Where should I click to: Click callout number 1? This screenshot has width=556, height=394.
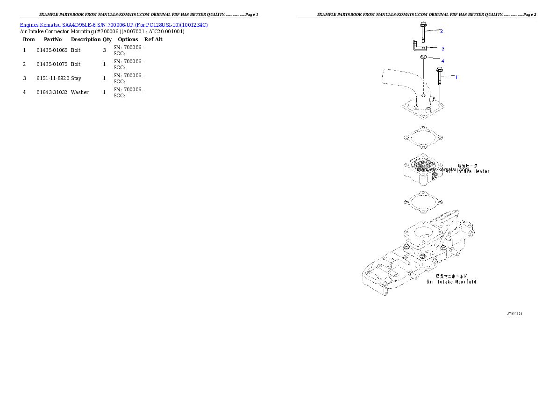[456, 77]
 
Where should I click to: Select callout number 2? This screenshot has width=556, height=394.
[441, 31]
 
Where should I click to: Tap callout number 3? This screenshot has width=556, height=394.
[442, 48]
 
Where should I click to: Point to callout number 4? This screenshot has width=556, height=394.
[442, 61]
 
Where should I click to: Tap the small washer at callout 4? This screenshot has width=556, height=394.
[423, 57]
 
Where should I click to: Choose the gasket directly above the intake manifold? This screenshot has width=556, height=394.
[422, 203]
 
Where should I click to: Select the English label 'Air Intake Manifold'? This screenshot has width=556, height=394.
[451, 282]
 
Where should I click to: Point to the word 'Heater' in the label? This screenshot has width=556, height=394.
[480, 172]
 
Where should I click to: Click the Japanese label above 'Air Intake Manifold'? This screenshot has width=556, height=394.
[451, 276]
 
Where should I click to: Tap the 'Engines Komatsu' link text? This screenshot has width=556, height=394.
[40, 24]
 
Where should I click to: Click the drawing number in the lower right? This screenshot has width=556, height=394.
[514, 313]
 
